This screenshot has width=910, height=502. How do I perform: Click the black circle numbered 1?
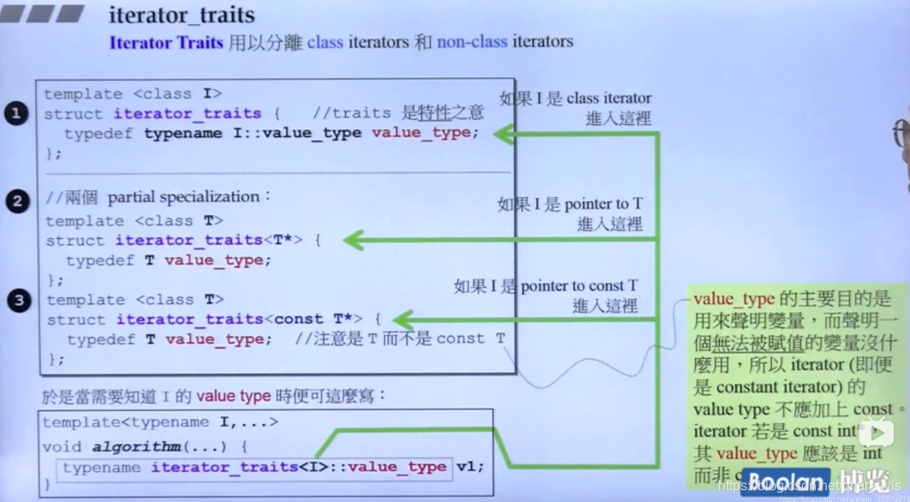tap(16, 113)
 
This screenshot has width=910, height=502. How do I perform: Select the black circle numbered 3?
tap(18, 300)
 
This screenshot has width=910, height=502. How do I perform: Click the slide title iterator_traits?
tap(181, 15)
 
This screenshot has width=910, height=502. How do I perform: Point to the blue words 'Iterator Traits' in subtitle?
tap(166, 42)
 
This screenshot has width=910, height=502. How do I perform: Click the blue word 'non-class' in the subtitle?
tap(473, 42)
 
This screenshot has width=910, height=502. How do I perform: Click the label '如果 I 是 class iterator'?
tap(575, 99)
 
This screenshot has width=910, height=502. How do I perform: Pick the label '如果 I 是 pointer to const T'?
tap(545, 286)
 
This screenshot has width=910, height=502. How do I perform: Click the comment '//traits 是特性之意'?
tap(398, 113)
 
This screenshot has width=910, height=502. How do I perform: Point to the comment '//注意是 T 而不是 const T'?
tap(400, 339)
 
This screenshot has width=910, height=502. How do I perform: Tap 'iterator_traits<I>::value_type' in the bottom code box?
tap(299, 467)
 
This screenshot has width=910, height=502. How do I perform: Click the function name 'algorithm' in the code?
tap(136, 446)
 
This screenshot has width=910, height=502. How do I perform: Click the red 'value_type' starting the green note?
tap(734, 299)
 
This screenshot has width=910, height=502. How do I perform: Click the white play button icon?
tap(877, 433)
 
